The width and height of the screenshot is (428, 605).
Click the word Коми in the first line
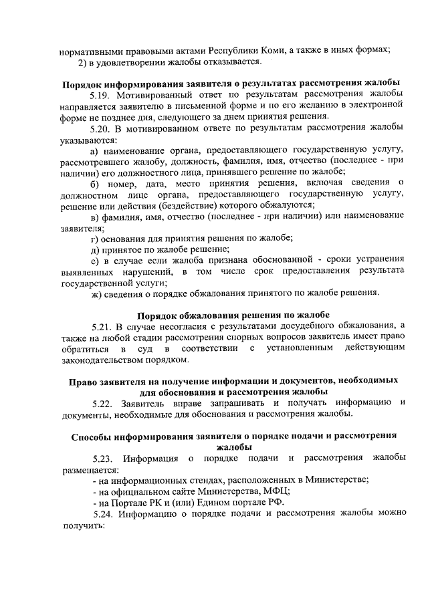282,50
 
